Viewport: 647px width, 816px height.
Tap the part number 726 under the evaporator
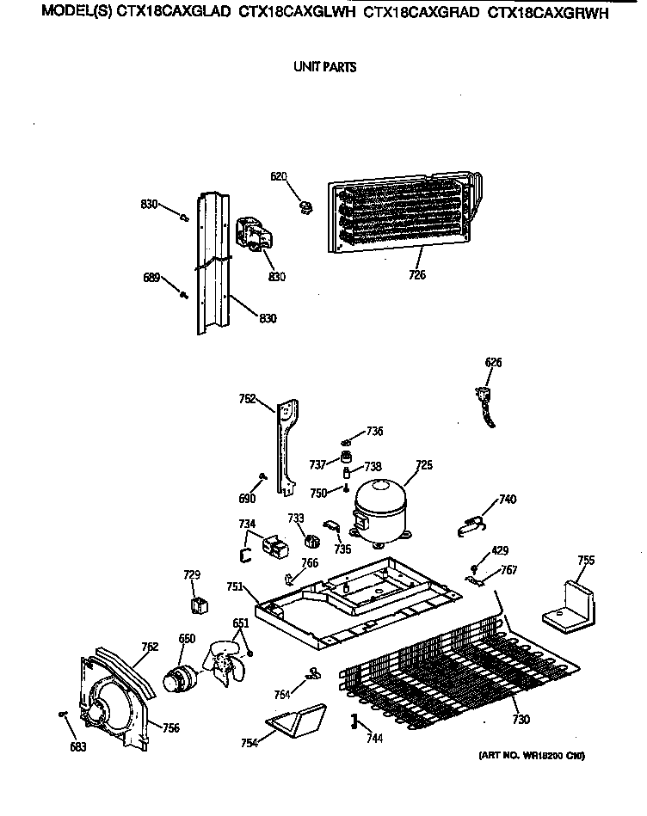pyautogui.click(x=417, y=275)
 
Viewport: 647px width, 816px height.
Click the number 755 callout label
pyautogui.click(x=585, y=561)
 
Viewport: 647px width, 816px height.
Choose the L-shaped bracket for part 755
pyautogui.click(x=571, y=606)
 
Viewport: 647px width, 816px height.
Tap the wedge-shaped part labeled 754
pyautogui.click(x=297, y=721)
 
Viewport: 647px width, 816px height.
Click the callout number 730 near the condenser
pyautogui.click(x=521, y=720)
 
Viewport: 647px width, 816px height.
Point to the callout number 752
pyautogui.click(x=247, y=398)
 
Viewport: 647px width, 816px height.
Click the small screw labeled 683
pyautogui.click(x=64, y=714)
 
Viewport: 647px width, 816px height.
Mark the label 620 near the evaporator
pyautogui.click(x=278, y=176)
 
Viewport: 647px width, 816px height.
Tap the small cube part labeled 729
pyautogui.click(x=200, y=604)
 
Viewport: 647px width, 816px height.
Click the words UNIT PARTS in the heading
pyautogui.click(x=324, y=66)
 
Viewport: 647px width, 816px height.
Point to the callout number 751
pyautogui.click(x=235, y=586)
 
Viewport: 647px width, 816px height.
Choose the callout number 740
pyautogui.click(x=507, y=499)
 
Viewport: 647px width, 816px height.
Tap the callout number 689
pyautogui.click(x=151, y=277)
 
